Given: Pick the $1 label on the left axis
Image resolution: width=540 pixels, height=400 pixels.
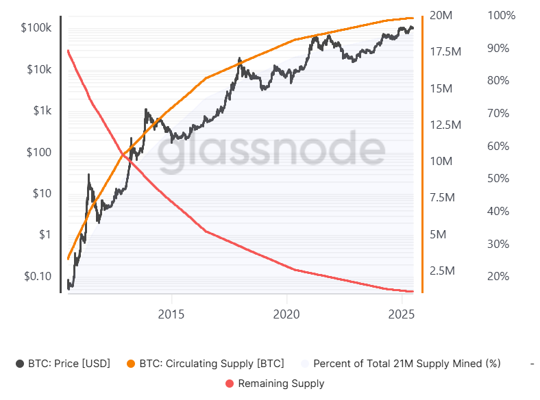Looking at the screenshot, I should point(44,235).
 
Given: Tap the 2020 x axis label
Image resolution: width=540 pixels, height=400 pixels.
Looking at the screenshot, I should point(286,314).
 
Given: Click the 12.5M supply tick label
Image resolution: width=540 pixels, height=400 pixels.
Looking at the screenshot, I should point(445,125).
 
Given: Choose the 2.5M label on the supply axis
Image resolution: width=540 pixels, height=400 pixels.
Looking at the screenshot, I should point(442,271).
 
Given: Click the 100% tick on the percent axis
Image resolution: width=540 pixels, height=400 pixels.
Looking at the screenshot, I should point(500,15).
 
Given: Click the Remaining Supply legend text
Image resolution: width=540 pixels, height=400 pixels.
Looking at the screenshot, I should point(281,384).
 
